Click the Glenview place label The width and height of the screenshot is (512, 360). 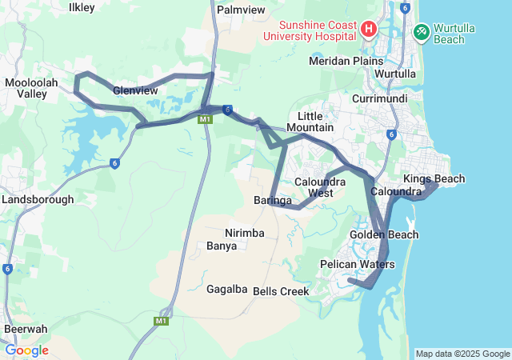[x=134, y=90]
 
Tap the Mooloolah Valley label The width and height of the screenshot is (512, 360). [x=30, y=88]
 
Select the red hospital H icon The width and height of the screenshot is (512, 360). [x=369, y=30]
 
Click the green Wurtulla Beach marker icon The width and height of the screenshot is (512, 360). [x=421, y=31]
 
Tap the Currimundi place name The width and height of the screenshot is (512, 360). [x=380, y=98]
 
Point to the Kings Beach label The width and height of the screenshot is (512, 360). [x=434, y=178]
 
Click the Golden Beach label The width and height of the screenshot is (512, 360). [x=384, y=234]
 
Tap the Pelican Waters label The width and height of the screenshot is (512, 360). [x=357, y=264]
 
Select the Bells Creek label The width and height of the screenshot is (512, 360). [x=281, y=291]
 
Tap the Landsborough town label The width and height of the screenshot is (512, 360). [x=38, y=199]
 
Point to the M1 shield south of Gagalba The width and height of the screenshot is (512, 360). [x=161, y=321]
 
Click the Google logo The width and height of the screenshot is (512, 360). [x=26, y=350]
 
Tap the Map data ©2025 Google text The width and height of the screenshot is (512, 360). [x=462, y=354]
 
